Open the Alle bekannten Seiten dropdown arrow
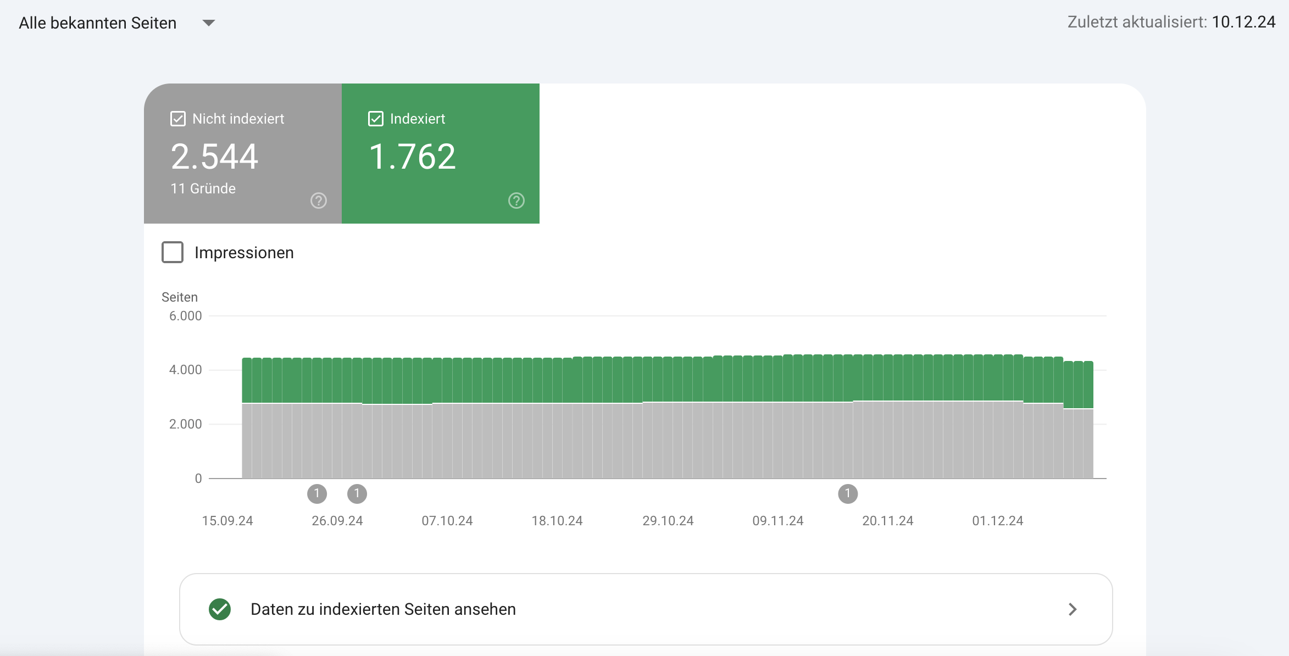(209, 23)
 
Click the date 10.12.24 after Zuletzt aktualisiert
(1243, 22)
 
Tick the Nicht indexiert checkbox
(178, 119)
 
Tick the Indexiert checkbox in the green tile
(376, 119)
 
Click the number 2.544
(214, 157)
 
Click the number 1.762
(412, 157)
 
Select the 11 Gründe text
(203, 188)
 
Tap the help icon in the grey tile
(319, 201)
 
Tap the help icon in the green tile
(516, 201)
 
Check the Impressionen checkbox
(173, 252)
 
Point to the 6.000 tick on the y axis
(185, 316)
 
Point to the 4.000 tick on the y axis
(185, 370)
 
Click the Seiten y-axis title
(180, 297)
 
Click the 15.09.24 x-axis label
(227, 521)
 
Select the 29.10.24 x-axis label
(668, 521)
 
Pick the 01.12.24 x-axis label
(998, 521)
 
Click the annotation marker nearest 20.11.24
(848, 493)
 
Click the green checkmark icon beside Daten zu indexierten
(220, 609)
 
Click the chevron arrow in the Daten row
(1073, 609)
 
